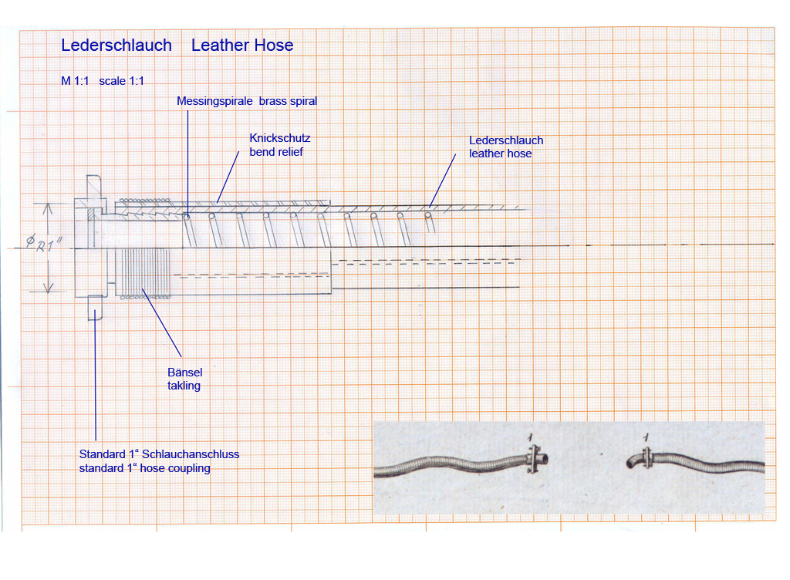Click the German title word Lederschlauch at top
(116, 46)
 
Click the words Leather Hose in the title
(242, 46)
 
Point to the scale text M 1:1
(76, 81)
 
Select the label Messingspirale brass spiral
(247, 101)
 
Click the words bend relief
(275, 151)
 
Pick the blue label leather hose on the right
(500, 153)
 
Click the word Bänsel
(185, 373)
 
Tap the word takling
(184, 386)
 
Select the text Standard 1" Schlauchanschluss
(159, 454)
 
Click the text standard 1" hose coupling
(144, 468)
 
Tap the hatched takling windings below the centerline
(142, 271)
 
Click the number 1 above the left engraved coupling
(531, 438)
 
